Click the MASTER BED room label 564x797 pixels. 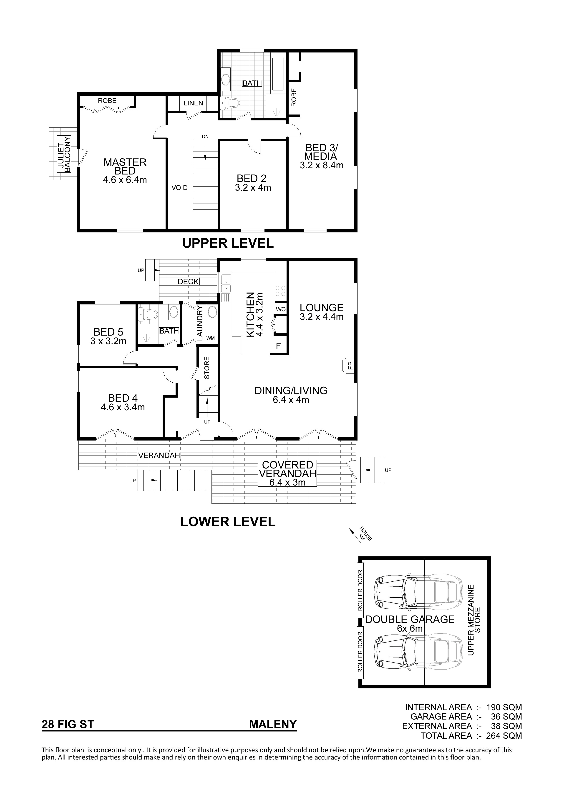(x=125, y=167)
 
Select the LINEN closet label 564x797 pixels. (x=194, y=103)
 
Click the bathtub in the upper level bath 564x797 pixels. (x=279, y=75)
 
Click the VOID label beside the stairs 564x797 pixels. (x=179, y=188)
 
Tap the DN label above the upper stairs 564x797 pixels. (x=205, y=136)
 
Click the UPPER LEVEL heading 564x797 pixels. (x=228, y=243)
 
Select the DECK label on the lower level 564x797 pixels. (x=188, y=281)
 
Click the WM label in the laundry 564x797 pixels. (x=211, y=338)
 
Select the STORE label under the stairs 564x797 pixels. (x=207, y=368)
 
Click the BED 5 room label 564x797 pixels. (x=108, y=332)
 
